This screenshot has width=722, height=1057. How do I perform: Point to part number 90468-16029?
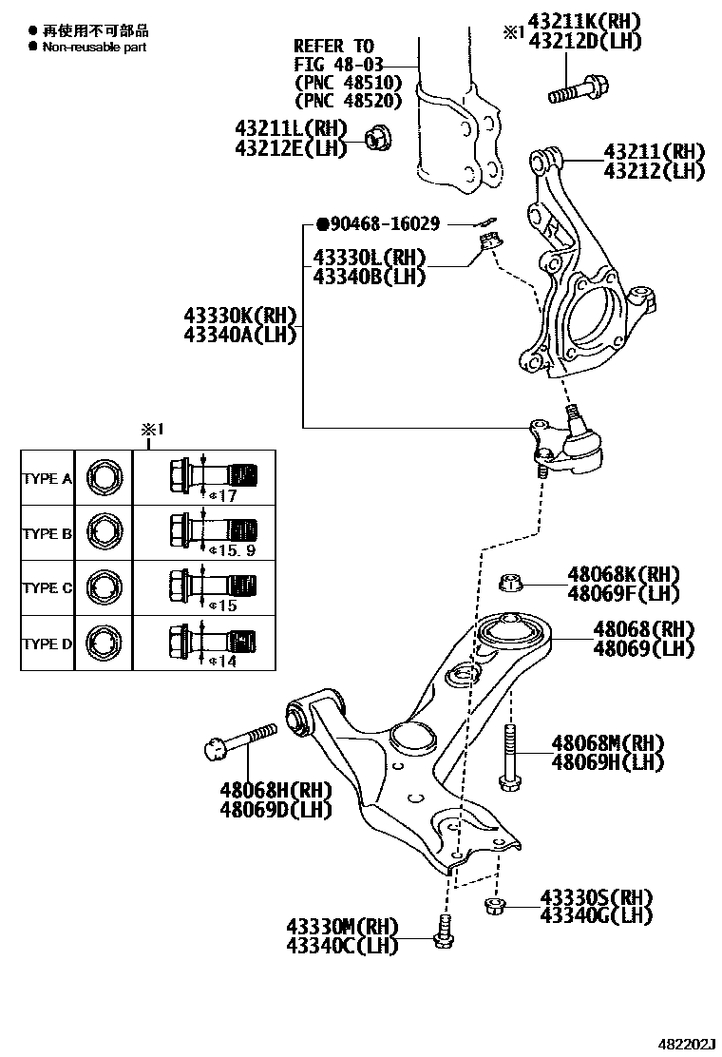(384, 224)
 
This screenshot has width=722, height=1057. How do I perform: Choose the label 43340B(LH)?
(369, 277)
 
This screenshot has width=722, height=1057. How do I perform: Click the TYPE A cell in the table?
(47, 479)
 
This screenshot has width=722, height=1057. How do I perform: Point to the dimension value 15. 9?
(237, 550)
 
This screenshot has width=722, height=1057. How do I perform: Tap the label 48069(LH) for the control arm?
(644, 649)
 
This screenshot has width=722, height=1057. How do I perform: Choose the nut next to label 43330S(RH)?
(494, 904)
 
